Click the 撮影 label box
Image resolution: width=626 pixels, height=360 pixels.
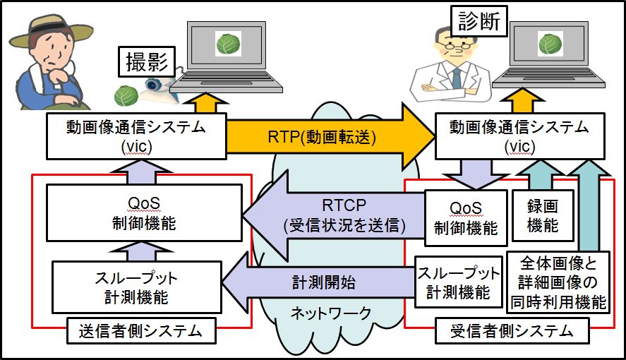(x=147, y=61)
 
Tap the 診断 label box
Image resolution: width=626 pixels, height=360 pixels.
(x=478, y=21)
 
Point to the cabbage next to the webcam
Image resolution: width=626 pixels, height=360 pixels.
(x=126, y=96)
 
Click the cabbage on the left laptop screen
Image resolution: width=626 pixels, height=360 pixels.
(x=229, y=44)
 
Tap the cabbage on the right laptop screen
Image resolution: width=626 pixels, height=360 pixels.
(x=550, y=44)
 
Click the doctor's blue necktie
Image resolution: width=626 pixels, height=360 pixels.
(x=456, y=78)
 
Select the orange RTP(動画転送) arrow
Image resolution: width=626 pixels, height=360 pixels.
(x=330, y=137)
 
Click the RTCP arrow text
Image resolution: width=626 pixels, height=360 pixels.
(x=344, y=215)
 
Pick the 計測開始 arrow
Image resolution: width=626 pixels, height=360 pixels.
(x=318, y=282)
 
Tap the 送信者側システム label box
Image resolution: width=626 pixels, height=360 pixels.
(x=141, y=330)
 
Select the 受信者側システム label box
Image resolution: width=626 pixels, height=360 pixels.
(x=512, y=330)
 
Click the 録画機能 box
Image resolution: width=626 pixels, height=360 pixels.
(x=543, y=216)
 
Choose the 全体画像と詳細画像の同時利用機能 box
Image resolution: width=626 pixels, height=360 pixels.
(x=558, y=282)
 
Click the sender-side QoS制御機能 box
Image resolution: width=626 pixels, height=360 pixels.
(x=144, y=212)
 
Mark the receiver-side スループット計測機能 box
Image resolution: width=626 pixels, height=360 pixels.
(x=458, y=282)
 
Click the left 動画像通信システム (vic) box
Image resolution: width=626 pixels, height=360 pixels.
(x=136, y=136)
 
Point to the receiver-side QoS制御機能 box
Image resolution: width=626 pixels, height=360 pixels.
(x=466, y=218)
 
